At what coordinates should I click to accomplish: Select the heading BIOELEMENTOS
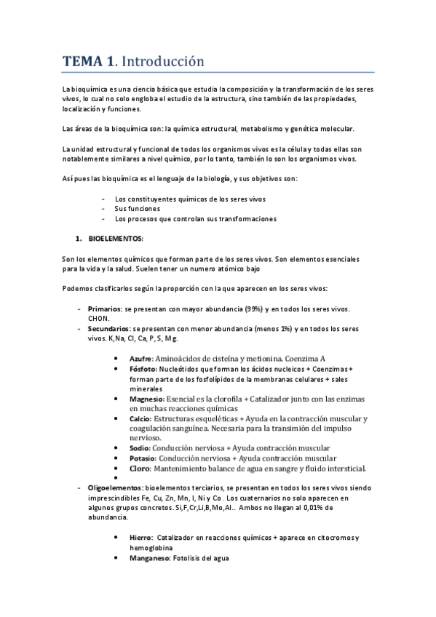[x=116, y=239]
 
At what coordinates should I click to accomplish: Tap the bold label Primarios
[x=103, y=308]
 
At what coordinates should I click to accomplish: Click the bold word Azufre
[x=140, y=359]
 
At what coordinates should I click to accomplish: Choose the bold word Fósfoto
[x=142, y=369]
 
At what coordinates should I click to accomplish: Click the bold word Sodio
[x=140, y=447]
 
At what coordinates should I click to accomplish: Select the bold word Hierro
[x=140, y=537]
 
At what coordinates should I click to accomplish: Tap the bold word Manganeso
[x=150, y=557]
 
